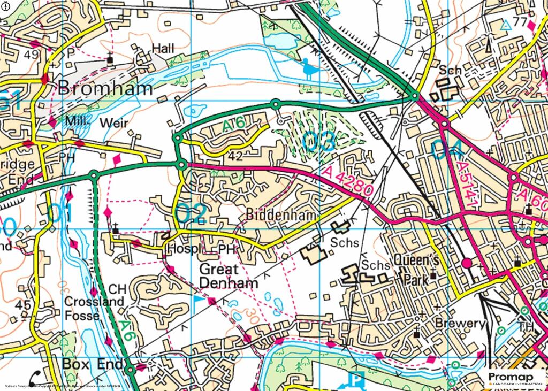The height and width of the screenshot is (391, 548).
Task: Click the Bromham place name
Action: [105, 88]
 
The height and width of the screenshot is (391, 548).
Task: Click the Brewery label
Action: [460, 324]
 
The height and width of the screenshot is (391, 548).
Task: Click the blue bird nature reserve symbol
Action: [309, 68]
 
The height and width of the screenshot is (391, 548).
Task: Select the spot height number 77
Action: [520, 22]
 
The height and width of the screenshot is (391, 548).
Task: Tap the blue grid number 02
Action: [192, 212]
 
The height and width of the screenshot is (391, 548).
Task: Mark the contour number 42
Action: [236, 157]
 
